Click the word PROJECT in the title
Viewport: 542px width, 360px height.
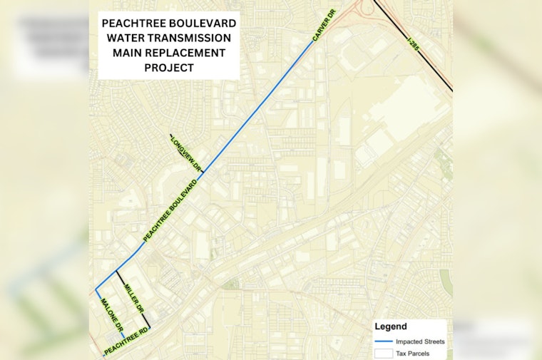click(x=168, y=68)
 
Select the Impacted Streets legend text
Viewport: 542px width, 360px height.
click(x=421, y=341)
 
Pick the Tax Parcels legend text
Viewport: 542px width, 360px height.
click(x=414, y=352)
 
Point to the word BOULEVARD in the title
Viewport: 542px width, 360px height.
click(x=203, y=23)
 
